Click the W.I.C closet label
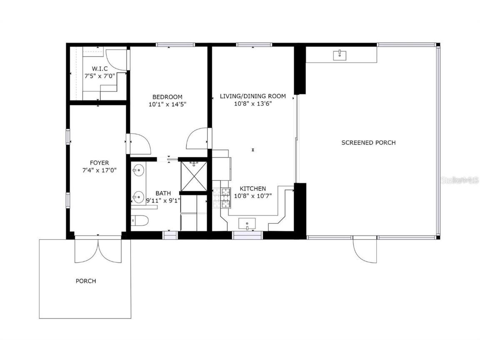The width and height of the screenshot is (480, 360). coord(100,69)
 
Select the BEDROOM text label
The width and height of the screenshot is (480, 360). coord(167,97)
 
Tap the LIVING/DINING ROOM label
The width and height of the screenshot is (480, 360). coord(252,96)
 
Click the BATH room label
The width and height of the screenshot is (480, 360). coord(163,193)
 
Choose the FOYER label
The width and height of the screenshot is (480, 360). coord(99,162)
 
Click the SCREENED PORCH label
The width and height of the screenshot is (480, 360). coord(368,142)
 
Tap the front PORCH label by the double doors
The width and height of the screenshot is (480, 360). coord(86,281)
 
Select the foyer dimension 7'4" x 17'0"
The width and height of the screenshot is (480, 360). coord(99,170)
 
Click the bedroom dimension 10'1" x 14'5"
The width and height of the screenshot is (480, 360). coord(167,105)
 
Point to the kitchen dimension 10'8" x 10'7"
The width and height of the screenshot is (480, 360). coord(252,196)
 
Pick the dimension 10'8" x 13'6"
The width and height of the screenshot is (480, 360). coord(252,104)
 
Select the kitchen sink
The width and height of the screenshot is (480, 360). coord(247,224)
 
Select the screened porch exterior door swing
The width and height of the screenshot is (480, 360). coord(365,250)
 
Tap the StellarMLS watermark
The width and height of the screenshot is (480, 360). coord(459,180)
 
